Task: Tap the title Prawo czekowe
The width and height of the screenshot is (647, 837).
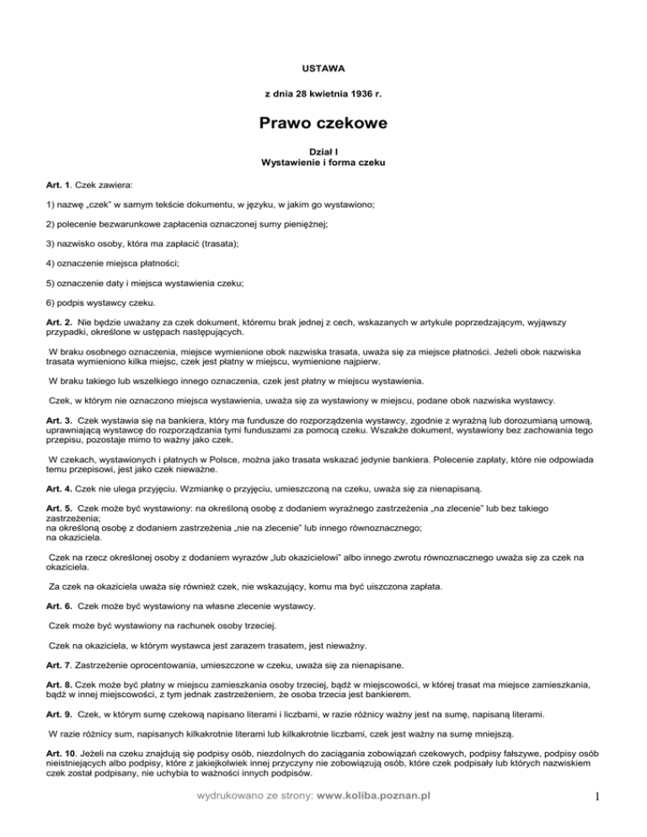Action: (323, 124)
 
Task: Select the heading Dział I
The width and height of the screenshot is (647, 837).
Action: (323, 149)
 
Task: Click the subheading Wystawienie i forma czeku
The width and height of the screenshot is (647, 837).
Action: (323, 161)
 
